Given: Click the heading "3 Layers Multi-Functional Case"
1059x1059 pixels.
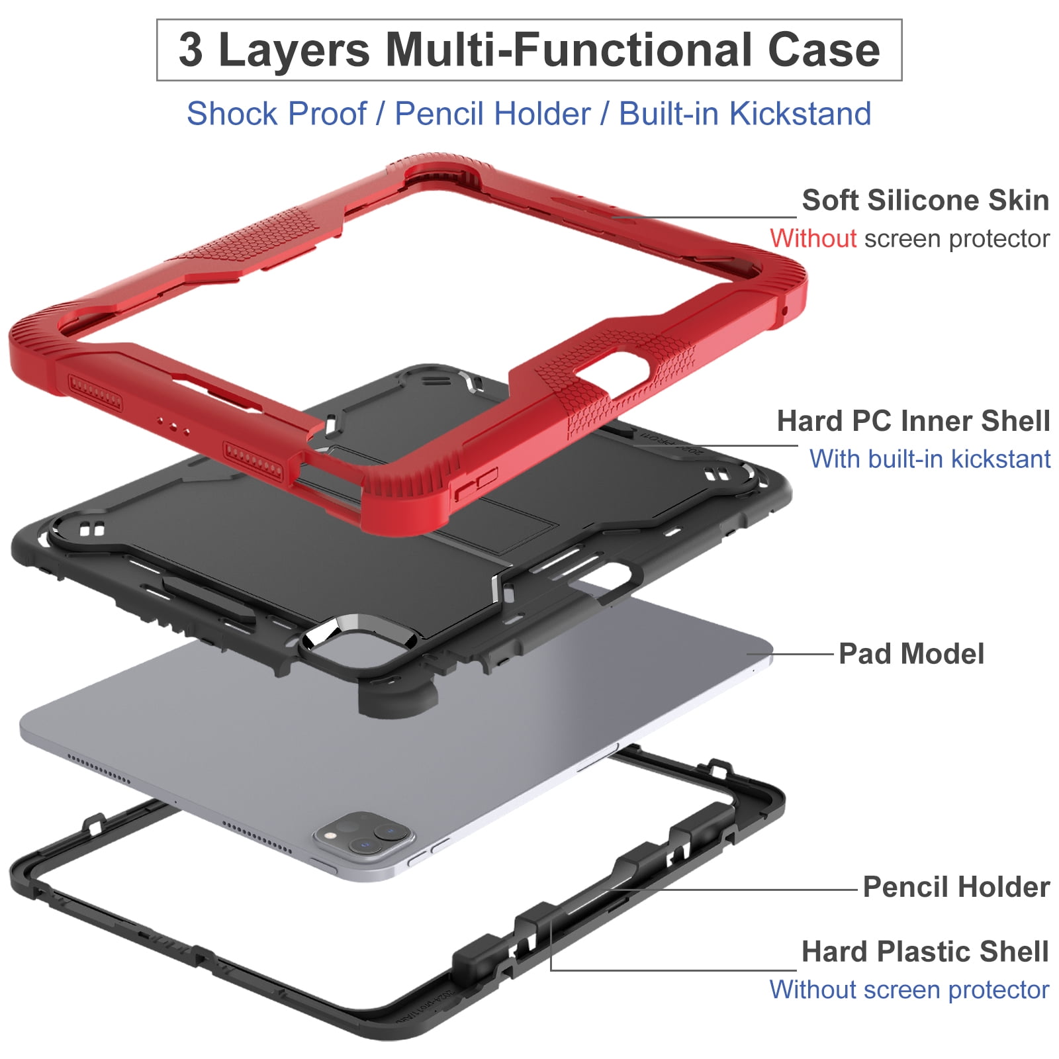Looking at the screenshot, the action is (529, 50).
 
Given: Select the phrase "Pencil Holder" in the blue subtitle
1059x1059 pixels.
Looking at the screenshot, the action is (492, 113).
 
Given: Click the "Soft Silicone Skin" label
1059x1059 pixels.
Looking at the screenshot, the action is (925, 200).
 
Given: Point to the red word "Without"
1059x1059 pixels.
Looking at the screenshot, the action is (813, 238).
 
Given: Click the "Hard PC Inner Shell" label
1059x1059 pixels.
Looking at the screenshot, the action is (913, 421).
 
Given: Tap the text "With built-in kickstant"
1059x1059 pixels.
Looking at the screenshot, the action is (930, 459).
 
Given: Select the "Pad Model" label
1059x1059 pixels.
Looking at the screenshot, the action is (911, 654).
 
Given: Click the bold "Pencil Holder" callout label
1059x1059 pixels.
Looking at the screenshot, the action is (956, 887).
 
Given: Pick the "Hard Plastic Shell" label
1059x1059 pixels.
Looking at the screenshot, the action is (925, 952).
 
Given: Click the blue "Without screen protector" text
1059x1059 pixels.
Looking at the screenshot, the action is (909, 990).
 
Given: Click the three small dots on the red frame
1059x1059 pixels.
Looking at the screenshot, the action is (173, 426).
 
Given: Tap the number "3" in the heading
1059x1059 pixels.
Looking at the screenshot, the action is (191, 50).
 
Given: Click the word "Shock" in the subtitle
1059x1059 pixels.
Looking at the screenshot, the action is (231, 113).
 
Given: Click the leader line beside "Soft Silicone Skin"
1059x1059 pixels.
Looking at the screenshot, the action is (704, 216).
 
